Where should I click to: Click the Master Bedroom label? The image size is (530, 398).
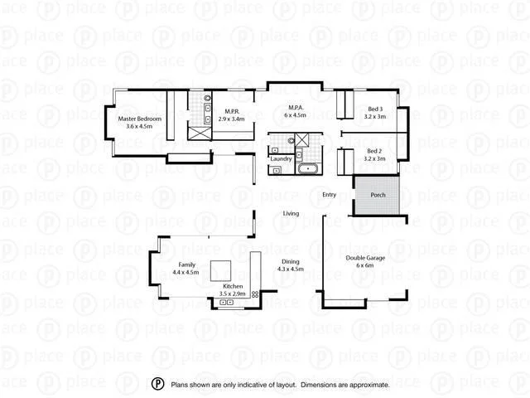click(140, 119)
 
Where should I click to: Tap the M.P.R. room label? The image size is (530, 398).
click(232, 111)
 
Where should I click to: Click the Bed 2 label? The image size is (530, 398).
click(375, 151)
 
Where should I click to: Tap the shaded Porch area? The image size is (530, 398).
click(378, 196)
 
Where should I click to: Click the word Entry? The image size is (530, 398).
click(330, 195)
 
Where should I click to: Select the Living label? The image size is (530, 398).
click(291, 214)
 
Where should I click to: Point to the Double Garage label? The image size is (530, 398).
click(365, 258)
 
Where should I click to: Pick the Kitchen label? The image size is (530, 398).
click(232, 285)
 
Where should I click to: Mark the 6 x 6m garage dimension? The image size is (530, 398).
click(365, 266)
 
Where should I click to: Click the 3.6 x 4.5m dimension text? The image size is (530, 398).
click(140, 127)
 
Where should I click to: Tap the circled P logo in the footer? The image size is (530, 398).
click(157, 385)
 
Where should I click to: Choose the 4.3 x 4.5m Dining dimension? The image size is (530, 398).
click(291, 269)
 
